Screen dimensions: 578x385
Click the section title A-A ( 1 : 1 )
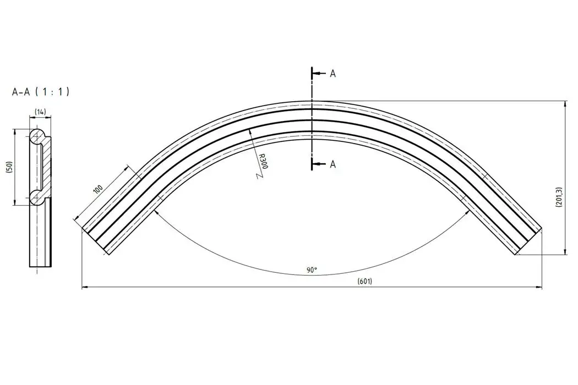(x=41, y=92)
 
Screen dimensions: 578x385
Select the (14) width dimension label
(x=40, y=112)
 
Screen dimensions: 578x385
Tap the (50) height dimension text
(x=10, y=167)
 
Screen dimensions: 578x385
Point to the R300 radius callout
(x=263, y=162)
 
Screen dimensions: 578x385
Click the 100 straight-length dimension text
(x=98, y=189)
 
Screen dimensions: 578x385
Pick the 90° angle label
(x=312, y=270)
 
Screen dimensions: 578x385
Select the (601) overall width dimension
(x=364, y=282)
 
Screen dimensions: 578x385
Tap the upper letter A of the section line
(x=333, y=74)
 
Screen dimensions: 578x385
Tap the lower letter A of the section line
(x=333, y=164)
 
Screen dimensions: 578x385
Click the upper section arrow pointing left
(x=319, y=74)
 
